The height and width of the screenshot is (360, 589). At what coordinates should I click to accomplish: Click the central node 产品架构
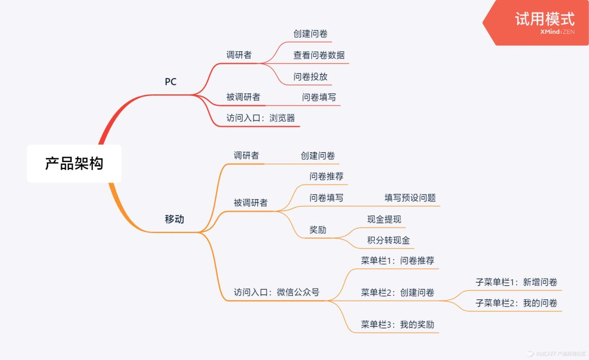tap(74, 164)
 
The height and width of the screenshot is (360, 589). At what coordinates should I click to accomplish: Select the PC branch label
tap(171, 82)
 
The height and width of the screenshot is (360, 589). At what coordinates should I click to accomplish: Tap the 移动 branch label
tap(175, 219)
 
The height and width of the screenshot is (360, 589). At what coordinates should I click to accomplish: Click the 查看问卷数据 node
tap(319, 55)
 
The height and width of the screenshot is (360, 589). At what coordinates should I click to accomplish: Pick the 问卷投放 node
tap(310, 76)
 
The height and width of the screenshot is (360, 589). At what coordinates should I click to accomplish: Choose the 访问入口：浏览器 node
tap(261, 118)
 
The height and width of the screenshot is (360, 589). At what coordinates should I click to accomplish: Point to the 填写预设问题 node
tap(410, 198)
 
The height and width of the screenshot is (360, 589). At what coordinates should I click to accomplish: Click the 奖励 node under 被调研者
tap(318, 230)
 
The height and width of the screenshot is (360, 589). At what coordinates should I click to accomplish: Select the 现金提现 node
tap(384, 219)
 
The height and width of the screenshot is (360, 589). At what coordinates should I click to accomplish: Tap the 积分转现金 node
tap(389, 240)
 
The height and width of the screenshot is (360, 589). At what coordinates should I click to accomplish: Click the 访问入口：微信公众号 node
tap(277, 292)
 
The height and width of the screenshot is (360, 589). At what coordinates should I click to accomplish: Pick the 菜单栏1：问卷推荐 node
tap(398, 260)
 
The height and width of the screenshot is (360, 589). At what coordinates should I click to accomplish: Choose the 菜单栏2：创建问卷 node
tap(398, 292)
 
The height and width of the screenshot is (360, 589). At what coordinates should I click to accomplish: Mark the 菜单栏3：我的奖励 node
tap(398, 325)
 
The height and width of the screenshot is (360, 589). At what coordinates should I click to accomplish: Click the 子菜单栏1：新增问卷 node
tap(516, 282)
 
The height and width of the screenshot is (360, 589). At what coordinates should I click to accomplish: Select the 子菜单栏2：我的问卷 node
tap(516, 303)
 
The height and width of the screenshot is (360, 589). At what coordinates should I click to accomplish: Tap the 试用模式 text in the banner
tap(544, 19)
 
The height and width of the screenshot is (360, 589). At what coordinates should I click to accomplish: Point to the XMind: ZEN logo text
tap(554, 32)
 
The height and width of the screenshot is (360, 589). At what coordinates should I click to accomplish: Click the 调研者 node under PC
tap(239, 55)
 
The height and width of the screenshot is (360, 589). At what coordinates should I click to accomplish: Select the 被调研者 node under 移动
tap(251, 203)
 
